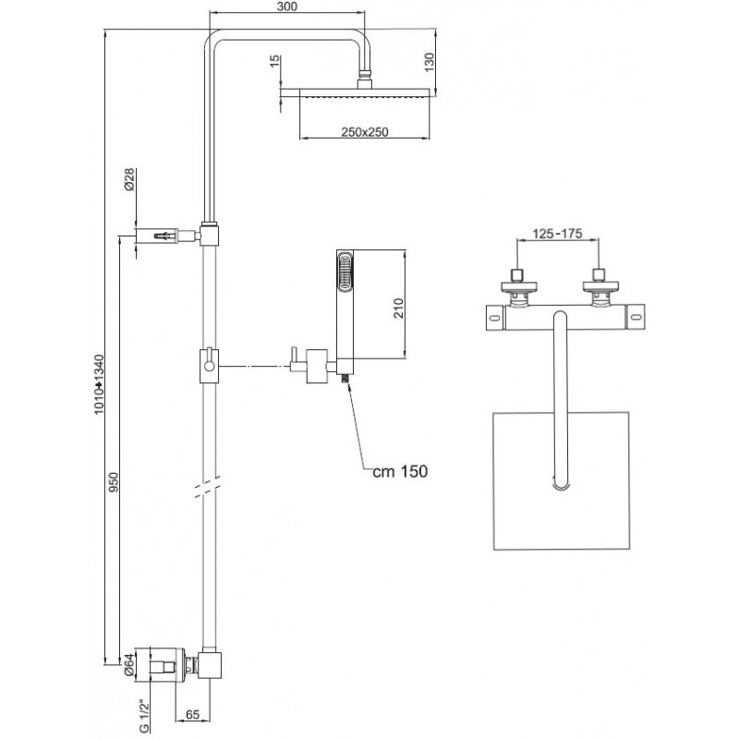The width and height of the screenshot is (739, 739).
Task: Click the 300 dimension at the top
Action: point(287,6)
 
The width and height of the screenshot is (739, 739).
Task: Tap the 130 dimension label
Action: point(430,63)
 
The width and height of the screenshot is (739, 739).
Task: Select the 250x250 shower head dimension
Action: point(365,132)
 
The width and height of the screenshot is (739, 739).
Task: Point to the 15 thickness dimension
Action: point(275,61)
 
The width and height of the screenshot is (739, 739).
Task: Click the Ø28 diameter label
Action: point(129,179)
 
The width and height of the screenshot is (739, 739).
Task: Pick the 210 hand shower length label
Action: point(399,309)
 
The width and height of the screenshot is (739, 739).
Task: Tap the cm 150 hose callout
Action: point(400,471)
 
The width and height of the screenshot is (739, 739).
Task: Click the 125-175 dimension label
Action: point(558,234)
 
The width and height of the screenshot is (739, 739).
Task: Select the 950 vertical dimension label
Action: point(114,482)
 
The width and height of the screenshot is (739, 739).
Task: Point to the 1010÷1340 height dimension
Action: point(99,384)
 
